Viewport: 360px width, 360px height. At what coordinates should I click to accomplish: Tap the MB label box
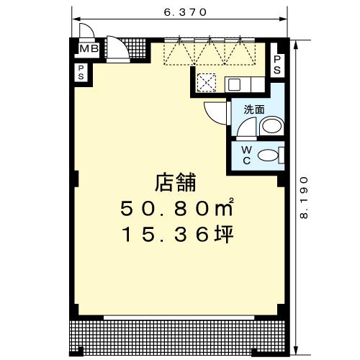(x=89, y=49)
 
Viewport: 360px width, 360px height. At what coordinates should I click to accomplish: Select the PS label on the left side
(x=81, y=71)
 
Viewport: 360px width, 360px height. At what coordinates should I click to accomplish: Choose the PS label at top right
(x=277, y=64)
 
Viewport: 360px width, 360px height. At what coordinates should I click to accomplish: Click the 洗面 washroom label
(x=254, y=110)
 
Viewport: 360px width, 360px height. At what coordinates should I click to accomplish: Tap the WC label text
(x=246, y=155)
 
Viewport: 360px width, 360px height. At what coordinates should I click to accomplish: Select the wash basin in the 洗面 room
(x=271, y=127)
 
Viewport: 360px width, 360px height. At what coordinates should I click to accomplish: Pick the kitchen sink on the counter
(x=235, y=84)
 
